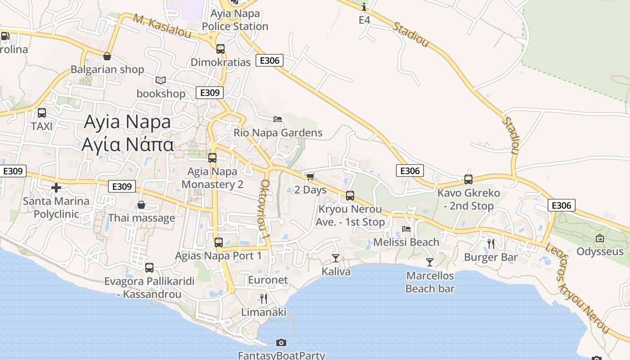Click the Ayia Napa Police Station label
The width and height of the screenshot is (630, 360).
(x=235, y=20)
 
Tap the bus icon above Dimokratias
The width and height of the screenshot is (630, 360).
(x=220, y=49)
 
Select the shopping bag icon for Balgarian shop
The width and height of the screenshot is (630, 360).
(x=107, y=56)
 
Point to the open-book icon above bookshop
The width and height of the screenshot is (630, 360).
(x=161, y=81)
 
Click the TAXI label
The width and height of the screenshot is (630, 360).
(x=42, y=126)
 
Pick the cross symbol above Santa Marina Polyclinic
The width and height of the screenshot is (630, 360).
(x=56, y=187)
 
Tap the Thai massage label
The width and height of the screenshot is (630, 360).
(x=141, y=218)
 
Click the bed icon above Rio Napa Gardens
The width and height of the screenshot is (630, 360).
(x=278, y=119)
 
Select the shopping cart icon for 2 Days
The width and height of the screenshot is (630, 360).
(x=310, y=176)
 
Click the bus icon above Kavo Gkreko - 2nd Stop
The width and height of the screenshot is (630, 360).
(x=468, y=180)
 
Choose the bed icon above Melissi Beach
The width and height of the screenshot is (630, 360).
(x=406, y=229)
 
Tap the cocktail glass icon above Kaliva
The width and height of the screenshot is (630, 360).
(x=335, y=258)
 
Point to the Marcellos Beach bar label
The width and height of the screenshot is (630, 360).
(x=430, y=282)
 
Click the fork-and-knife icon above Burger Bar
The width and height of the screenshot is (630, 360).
(x=490, y=244)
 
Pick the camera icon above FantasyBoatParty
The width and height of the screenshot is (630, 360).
(x=281, y=343)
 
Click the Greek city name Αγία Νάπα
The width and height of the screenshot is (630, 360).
(x=127, y=145)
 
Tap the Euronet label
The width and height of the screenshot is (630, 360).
(x=268, y=280)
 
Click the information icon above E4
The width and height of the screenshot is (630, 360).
(x=364, y=7)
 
